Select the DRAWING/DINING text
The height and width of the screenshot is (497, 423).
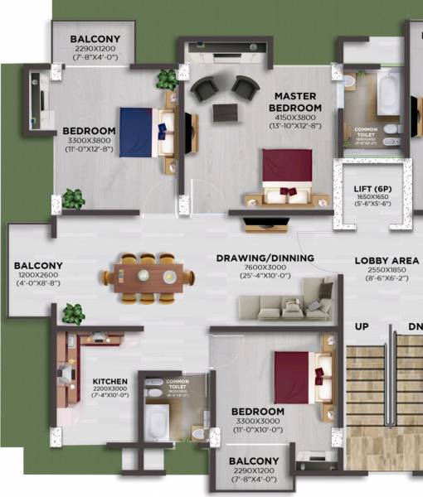click(265, 258)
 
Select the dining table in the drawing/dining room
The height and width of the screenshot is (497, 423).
click(150, 275)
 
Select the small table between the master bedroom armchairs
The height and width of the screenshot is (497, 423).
click(222, 112)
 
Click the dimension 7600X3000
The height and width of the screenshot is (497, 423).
click(265, 268)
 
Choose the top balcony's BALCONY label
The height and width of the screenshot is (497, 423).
click(95, 39)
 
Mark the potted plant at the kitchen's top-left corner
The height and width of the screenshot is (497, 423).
click(73, 314)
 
